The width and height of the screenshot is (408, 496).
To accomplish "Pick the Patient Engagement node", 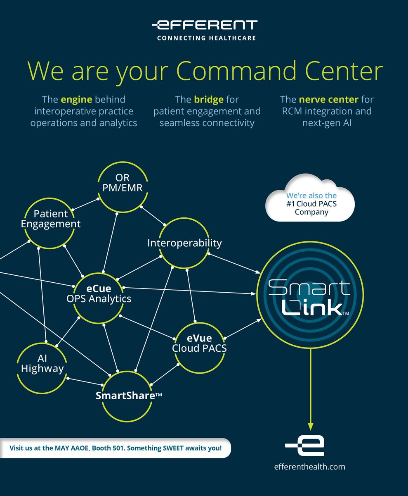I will click(51, 219).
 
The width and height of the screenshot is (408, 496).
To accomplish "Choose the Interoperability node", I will click(184, 243).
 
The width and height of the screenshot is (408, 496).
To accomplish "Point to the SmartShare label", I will click(128, 395).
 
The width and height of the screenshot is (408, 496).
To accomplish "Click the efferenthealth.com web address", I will click(310, 467).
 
